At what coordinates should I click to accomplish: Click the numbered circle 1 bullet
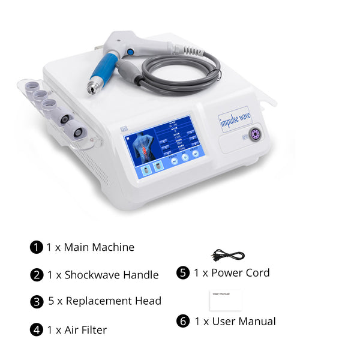tap(37, 247)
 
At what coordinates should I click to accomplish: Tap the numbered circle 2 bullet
tap(37, 275)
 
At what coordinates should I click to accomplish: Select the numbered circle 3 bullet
tap(37, 301)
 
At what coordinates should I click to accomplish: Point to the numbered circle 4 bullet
tap(37, 329)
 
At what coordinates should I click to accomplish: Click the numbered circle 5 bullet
tap(183, 273)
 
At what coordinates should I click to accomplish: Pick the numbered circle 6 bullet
tap(183, 321)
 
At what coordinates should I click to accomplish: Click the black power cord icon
tap(228, 255)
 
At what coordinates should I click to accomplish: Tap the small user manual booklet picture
tap(225, 300)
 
